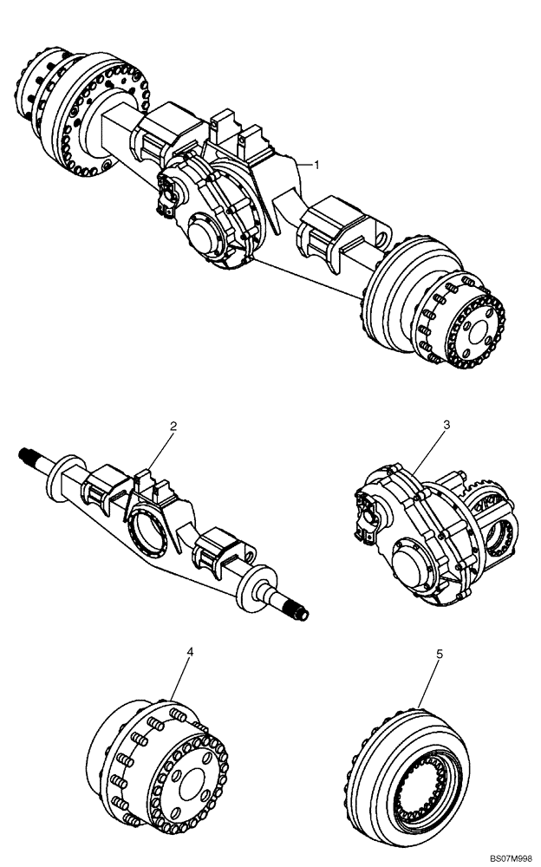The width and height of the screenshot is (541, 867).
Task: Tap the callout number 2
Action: (x=173, y=426)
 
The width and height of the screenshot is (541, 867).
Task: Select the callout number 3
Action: (x=446, y=426)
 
